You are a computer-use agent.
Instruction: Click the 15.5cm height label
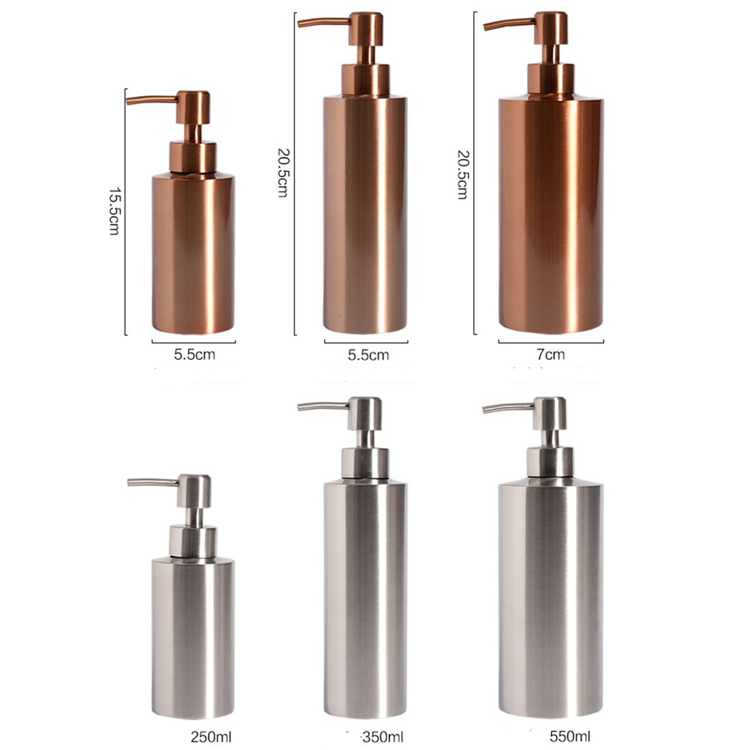[x=114, y=211]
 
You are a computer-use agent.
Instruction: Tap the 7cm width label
[x=550, y=354]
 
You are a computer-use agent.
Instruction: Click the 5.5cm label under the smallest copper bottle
[x=193, y=354]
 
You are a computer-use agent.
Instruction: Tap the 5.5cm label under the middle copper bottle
[x=368, y=354]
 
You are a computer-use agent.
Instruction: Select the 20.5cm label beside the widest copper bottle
[x=463, y=174]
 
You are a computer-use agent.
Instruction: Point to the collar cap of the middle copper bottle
[x=366, y=79]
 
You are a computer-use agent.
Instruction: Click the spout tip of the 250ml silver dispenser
[x=130, y=484]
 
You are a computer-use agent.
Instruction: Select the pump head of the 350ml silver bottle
[x=365, y=412]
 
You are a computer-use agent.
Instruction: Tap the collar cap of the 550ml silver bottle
[x=550, y=462]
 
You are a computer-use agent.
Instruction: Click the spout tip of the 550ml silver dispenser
[x=485, y=410]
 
